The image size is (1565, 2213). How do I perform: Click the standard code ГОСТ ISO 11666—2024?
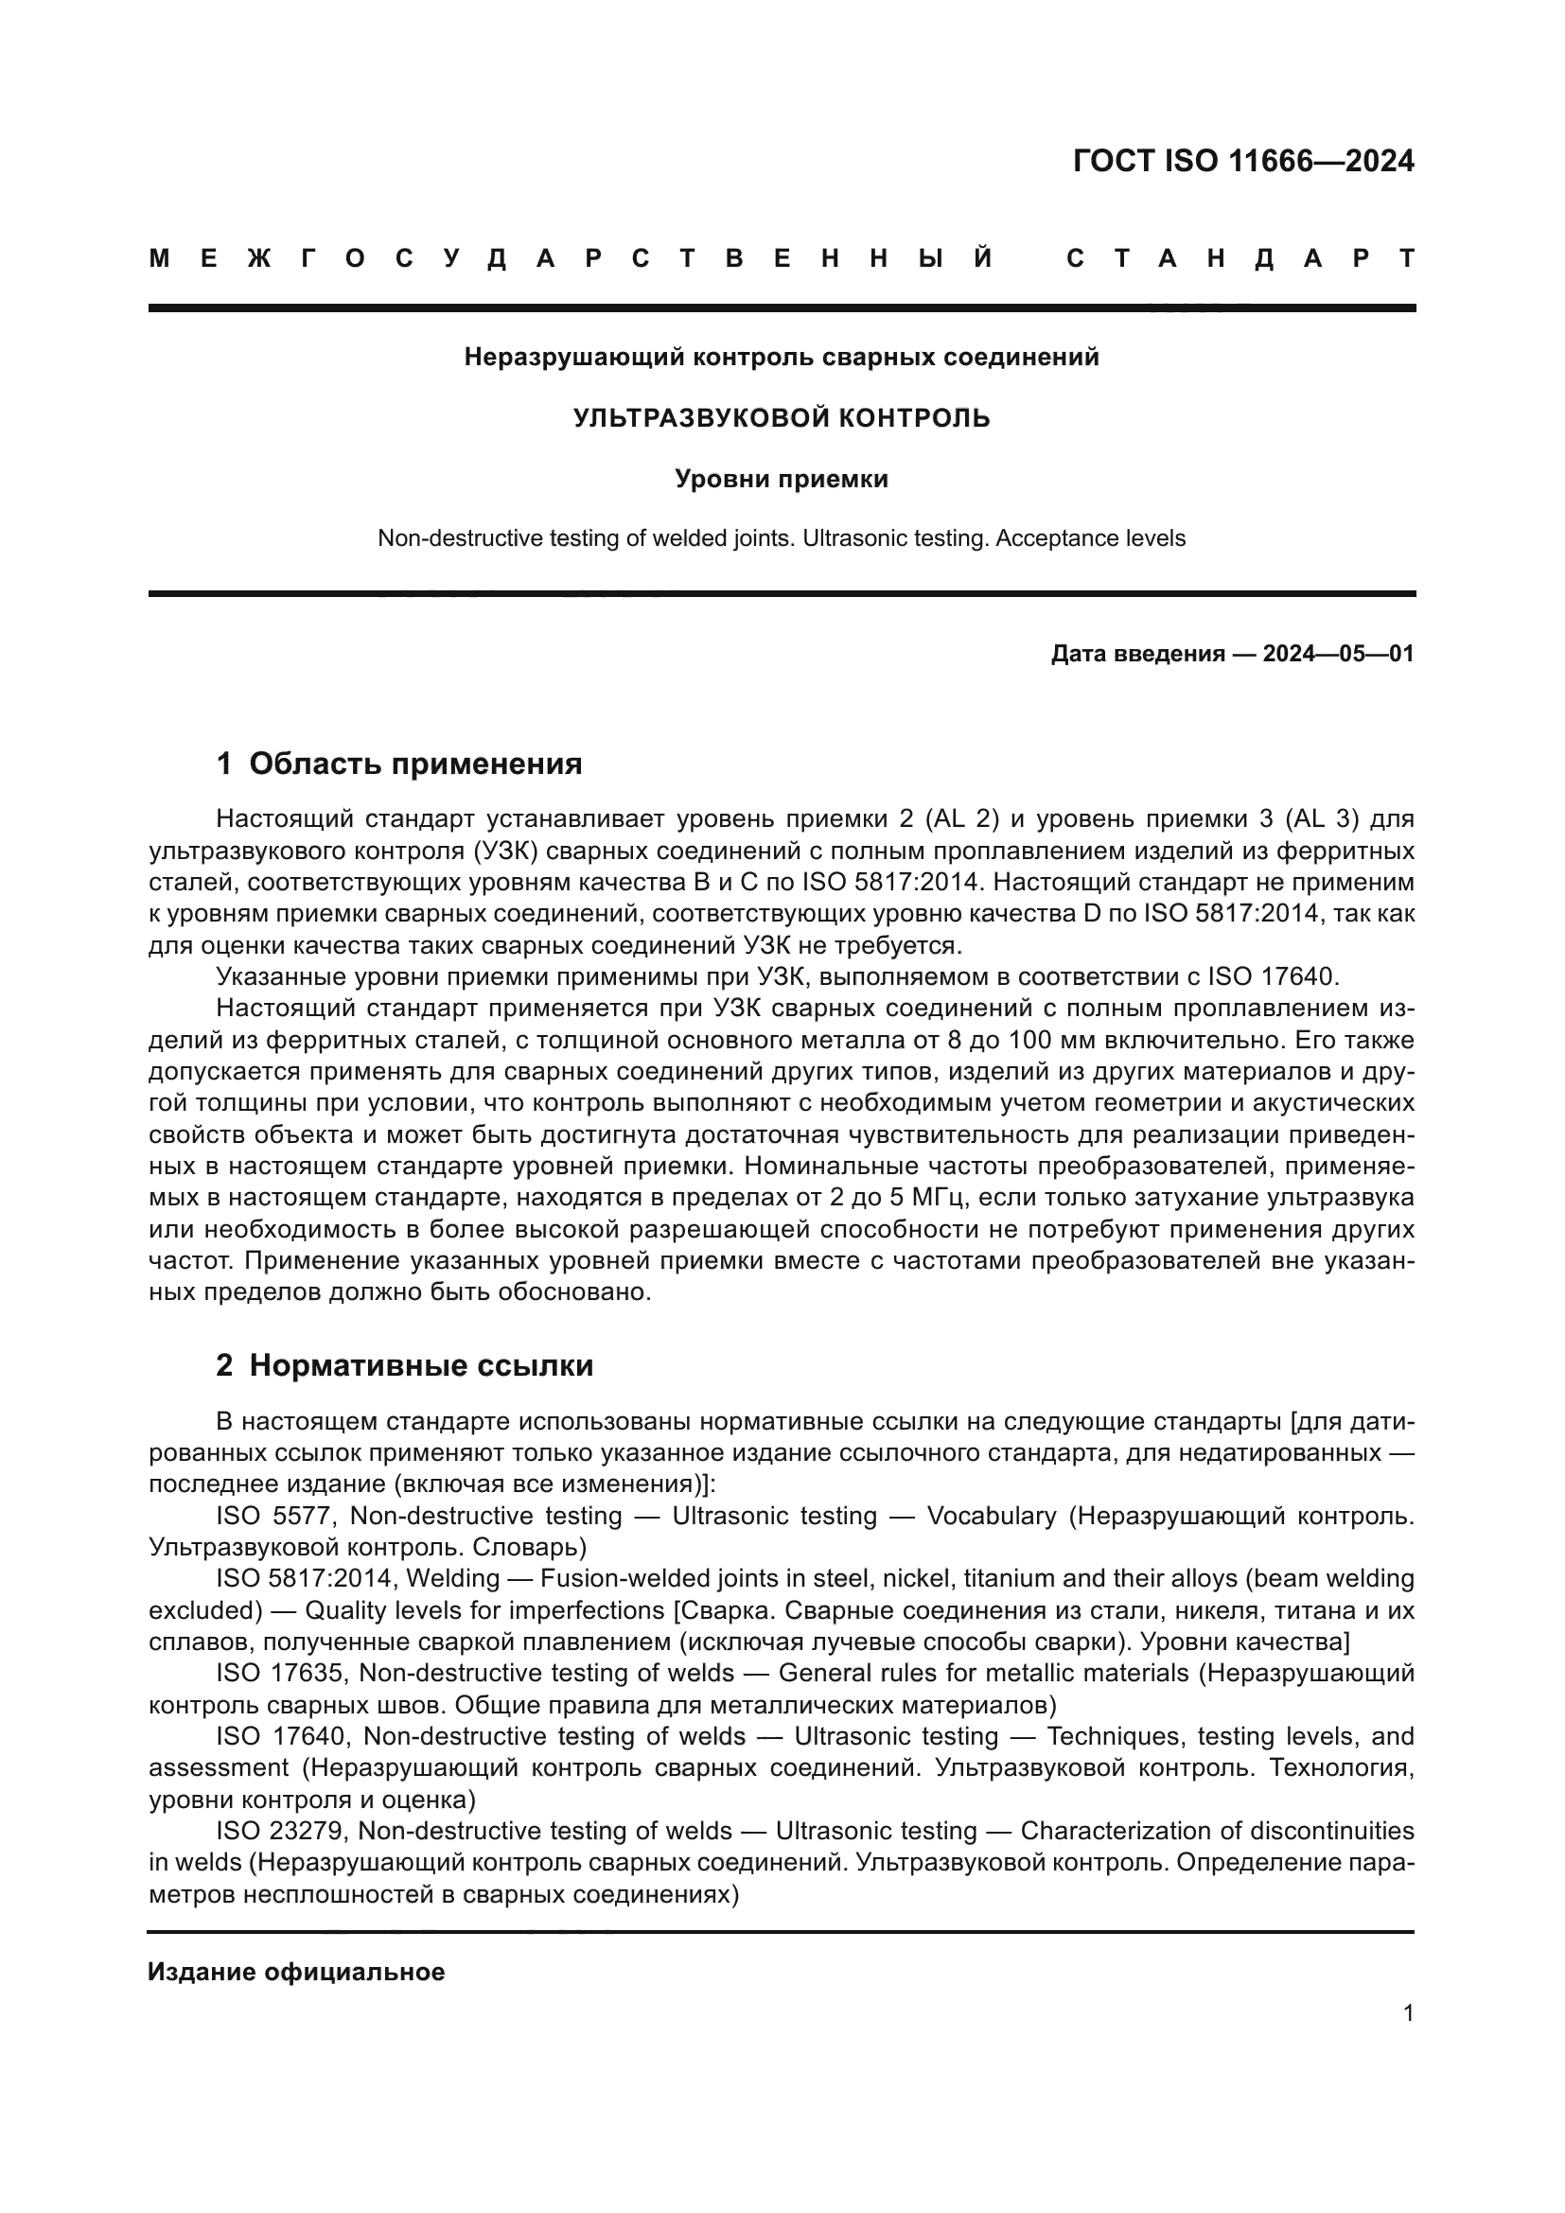tap(1242, 161)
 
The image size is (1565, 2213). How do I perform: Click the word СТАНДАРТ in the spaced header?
tap(1240, 258)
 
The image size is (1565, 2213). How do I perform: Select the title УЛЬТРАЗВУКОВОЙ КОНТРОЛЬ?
tap(782, 417)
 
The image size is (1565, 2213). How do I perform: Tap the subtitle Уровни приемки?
tap(782, 478)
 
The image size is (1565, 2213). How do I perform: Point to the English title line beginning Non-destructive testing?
tap(782, 537)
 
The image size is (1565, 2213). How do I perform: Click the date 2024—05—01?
tap(1338, 654)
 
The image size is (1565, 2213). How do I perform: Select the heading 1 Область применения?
tap(399, 764)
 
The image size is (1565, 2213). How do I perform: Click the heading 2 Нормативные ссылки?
tap(405, 1366)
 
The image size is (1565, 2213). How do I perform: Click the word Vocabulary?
tap(992, 1516)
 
